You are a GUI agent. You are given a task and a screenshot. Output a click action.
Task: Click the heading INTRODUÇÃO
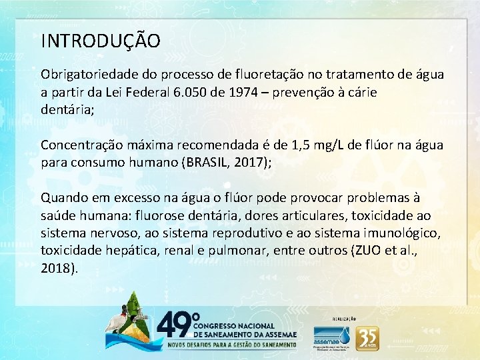tap(101, 41)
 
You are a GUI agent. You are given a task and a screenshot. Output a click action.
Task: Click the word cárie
tap(361, 92)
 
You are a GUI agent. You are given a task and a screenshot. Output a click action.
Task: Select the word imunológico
tap(401, 233)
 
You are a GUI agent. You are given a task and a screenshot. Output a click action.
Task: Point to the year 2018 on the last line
tap(57, 269)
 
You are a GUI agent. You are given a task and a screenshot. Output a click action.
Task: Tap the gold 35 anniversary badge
tap(367, 337)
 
